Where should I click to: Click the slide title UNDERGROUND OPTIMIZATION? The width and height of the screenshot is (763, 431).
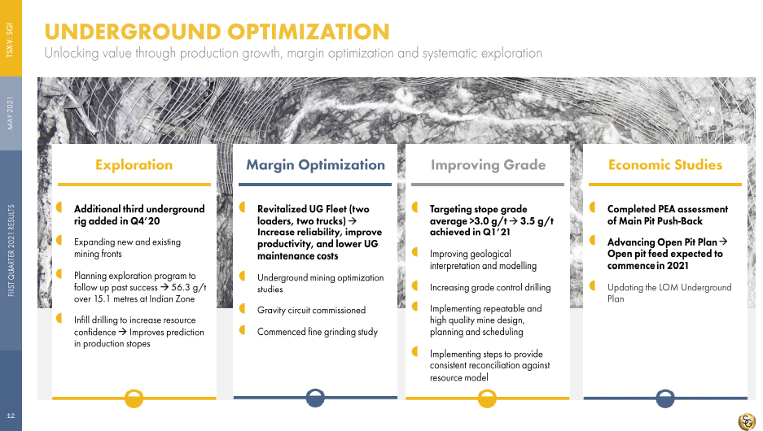217,32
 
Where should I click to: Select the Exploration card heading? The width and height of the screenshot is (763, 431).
134,165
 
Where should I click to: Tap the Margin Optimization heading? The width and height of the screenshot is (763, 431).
315,165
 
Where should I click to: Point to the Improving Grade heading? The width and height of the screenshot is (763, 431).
488,165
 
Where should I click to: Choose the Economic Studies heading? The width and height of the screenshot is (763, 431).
665,165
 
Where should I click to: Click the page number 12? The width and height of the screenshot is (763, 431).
11,416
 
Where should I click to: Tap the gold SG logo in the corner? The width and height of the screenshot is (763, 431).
747,420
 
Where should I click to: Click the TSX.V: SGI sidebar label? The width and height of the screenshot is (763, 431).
11,41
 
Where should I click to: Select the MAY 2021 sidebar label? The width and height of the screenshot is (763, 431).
11,113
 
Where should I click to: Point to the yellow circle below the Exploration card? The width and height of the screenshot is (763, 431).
134,398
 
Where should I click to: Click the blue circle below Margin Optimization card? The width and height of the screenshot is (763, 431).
315,398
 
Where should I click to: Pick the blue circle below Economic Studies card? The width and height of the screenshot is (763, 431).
665,398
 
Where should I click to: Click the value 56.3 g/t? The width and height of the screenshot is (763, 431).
189,287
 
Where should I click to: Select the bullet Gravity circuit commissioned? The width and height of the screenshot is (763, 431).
311,310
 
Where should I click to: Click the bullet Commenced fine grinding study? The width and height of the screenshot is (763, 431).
318,332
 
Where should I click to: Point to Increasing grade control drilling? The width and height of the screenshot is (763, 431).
490,288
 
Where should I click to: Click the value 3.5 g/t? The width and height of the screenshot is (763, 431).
537,221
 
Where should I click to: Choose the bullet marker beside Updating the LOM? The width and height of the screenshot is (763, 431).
592,285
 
